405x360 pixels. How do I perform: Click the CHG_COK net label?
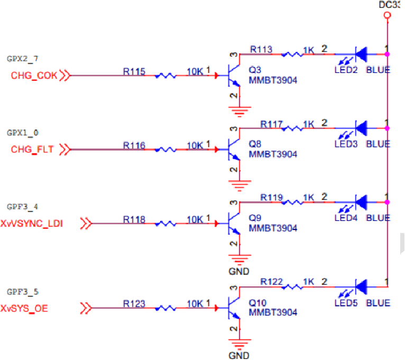(x=33, y=76)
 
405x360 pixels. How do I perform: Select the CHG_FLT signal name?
(x=32, y=150)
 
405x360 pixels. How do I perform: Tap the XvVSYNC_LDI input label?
(x=32, y=224)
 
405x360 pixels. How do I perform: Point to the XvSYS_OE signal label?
(x=24, y=308)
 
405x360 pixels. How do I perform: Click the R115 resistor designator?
(x=134, y=71)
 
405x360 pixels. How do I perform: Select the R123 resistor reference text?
(x=134, y=303)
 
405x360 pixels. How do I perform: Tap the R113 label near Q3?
(x=261, y=50)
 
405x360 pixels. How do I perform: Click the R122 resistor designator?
(x=272, y=282)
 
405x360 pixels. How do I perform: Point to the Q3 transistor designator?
(x=255, y=69)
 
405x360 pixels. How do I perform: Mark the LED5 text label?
(x=346, y=303)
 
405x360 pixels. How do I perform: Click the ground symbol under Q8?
(x=241, y=185)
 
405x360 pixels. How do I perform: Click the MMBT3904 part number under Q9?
(x=273, y=228)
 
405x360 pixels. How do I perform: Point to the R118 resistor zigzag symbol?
(x=166, y=224)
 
